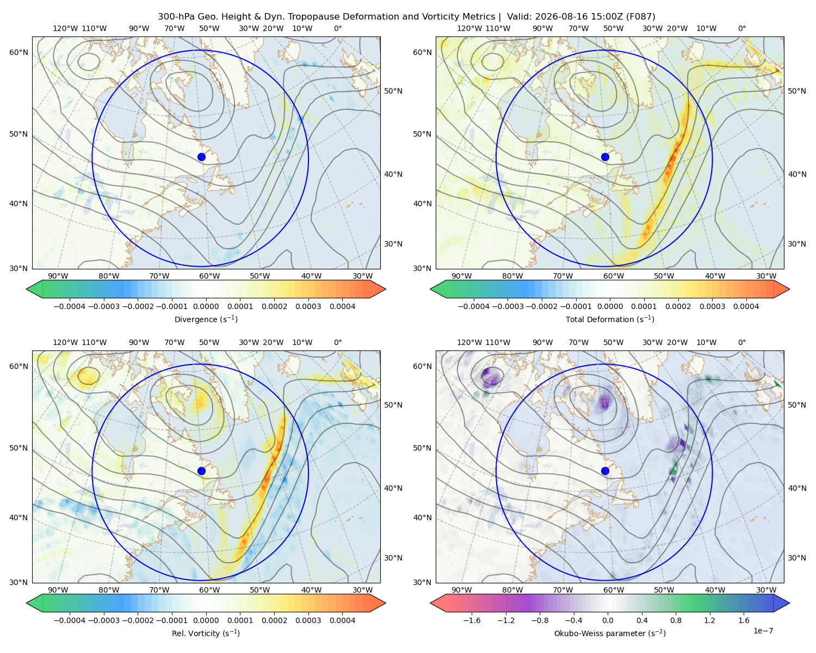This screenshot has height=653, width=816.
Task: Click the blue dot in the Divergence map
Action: [201, 157]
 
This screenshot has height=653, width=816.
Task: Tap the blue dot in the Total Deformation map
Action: [605, 157]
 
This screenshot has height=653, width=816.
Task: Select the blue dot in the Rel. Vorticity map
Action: [201, 471]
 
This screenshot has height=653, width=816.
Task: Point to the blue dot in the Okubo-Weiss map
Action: [605, 471]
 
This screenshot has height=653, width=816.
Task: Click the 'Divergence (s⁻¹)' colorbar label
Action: [206, 319]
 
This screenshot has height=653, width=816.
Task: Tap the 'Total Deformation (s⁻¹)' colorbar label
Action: [610, 319]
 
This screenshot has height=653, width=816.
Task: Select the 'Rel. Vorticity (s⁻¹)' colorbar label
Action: [206, 633]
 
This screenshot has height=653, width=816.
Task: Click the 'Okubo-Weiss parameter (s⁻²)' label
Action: [610, 633]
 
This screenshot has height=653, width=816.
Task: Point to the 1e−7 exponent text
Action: [763, 631]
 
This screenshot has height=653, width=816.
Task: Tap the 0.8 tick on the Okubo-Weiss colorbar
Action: [676, 620]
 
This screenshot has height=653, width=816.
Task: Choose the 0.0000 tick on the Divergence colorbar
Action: [206, 306]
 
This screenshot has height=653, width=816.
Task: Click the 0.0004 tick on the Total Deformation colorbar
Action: [746, 306]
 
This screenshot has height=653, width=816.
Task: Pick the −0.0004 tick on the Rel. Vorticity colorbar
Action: [70, 620]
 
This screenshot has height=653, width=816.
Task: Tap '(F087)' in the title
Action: [641, 17]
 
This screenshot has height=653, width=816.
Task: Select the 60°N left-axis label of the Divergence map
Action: [18, 52]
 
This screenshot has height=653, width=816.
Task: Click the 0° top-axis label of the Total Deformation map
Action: [741, 28]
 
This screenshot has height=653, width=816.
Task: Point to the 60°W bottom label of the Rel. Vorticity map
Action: [209, 590]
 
